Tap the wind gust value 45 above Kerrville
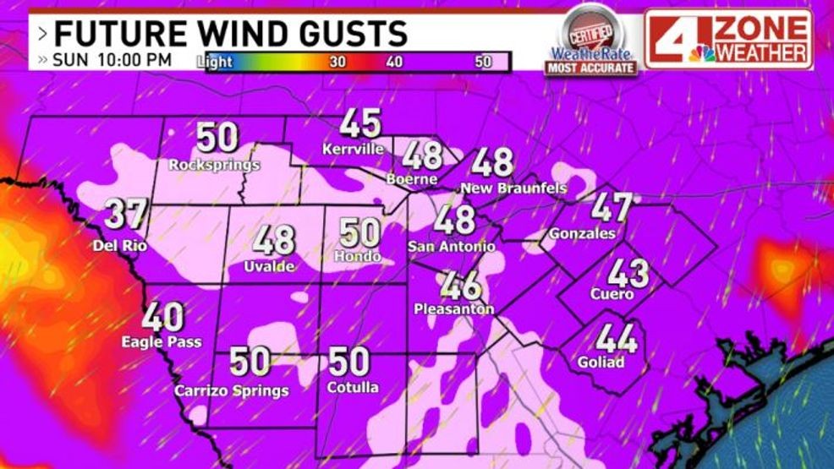(x=361, y=124)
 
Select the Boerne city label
(x=412, y=179)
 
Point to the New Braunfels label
(x=513, y=188)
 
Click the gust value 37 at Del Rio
(x=127, y=215)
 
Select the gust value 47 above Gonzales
(x=611, y=207)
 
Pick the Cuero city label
(x=612, y=294)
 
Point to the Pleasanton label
(x=453, y=310)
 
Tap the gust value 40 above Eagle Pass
(x=162, y=318)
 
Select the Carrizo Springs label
(x=231, y=390)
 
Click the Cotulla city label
(x=352, y=388)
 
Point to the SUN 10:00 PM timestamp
(x=112, y=61)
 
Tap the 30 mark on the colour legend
(x=337, y=62)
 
